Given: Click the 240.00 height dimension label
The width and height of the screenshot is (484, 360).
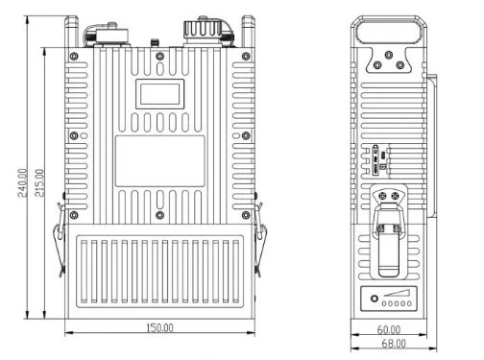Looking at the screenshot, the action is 22,182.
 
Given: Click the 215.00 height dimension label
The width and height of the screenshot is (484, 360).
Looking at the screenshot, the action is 39,182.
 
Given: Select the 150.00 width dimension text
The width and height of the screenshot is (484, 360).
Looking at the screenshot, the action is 159,328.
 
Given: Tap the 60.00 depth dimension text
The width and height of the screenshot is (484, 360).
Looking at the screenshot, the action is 389,329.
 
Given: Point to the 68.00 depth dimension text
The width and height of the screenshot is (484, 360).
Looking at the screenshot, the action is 394,344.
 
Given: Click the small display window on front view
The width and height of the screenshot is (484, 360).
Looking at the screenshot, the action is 159,94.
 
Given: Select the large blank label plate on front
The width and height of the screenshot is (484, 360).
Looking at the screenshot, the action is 159,161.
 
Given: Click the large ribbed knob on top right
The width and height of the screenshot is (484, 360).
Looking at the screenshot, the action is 203,30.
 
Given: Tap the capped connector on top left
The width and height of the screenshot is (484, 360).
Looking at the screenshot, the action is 109,35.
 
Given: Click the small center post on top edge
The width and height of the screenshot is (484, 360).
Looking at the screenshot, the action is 155,43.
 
